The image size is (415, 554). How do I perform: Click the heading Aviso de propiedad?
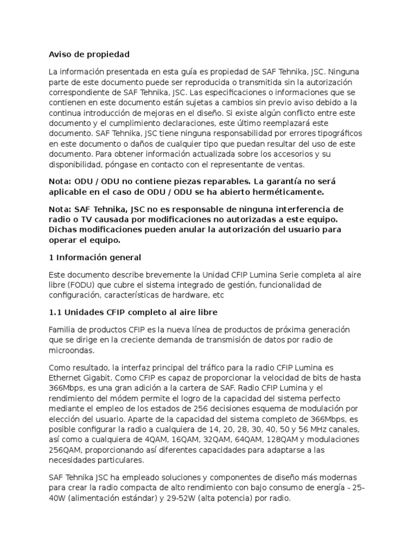click(x=89, y=55)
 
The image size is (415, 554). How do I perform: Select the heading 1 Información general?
click(x=95, y=257)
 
